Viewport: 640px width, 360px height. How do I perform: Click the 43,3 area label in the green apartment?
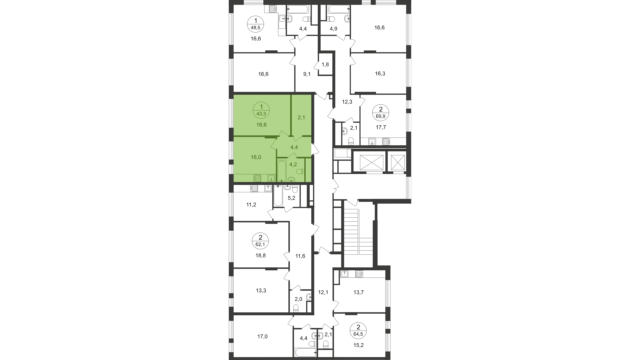(x=261, y=114)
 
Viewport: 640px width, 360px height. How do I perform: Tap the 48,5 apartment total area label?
(x=256, y=28)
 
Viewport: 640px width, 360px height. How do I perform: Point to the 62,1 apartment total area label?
(x=261, y=244)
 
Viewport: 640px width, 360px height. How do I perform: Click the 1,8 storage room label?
(x=325, y=64)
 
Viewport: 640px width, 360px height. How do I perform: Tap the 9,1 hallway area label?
(x=307, y=74)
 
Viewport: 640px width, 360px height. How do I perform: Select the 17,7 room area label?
(x=380, y=127)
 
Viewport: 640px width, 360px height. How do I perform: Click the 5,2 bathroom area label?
(x=291, y=198)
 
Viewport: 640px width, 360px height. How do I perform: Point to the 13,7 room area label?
(x=358, y=292)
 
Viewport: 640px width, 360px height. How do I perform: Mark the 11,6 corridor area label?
(x=300, y=256)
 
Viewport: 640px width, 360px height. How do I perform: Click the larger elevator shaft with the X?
(x=369, y=162)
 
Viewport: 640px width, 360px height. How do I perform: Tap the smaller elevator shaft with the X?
(x=398, y=162)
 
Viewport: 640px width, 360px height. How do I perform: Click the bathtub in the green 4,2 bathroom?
(x=282, y=171)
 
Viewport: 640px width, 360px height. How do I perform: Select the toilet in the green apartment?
(x=300, y=171)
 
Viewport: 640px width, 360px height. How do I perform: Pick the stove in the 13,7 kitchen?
(x=359, y=274)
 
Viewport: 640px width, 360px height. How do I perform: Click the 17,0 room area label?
(x=262, y=336)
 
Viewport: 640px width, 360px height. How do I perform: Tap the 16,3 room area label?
(x=380, y=73)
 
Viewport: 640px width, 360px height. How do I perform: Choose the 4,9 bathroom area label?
(x=333, y=29)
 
